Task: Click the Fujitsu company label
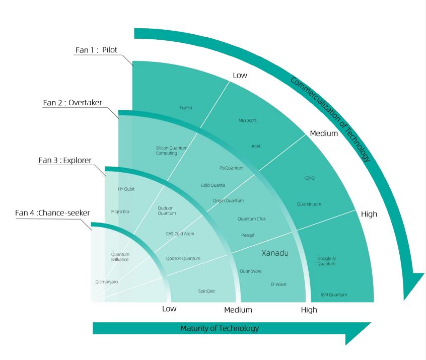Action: (186, 108)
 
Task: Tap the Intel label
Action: (256, 146)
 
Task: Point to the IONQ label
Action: (309, 178)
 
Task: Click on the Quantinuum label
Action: (309, 204)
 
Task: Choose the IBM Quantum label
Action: (334, 295)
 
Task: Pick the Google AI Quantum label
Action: (326, 261)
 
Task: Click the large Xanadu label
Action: (275, 253)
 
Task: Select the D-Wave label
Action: (278, 284)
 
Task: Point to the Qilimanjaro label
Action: (106, 281)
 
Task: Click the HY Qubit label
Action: (126, 189)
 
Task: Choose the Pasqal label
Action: (248, 235)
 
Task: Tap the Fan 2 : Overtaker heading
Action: (73, 103)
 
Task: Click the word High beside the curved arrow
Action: (369, 214)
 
